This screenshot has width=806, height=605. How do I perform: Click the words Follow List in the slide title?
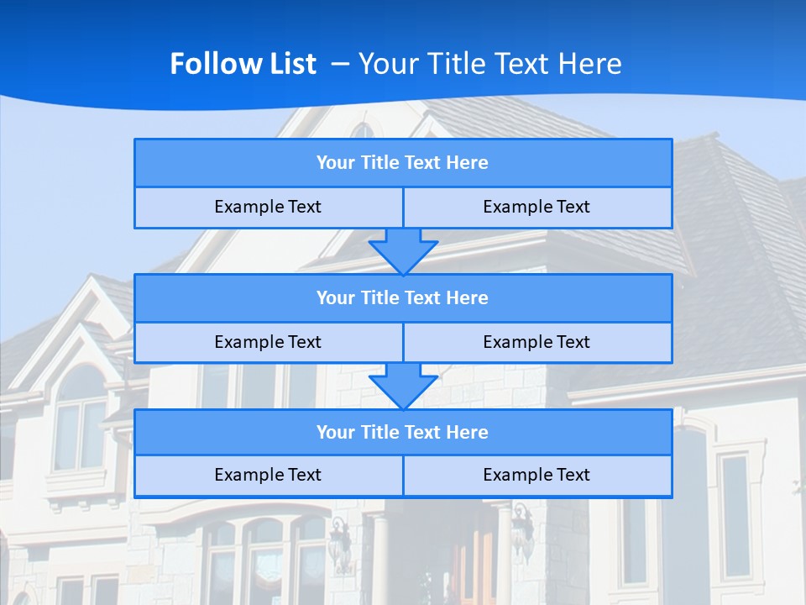click(243, 64)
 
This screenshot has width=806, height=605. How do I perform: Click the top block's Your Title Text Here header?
click(402, 163)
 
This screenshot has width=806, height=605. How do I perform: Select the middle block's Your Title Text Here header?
click(402, 298)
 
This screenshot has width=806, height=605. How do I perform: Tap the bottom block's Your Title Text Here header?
click(402, 433)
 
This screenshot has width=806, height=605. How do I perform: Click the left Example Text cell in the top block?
click(268, 208)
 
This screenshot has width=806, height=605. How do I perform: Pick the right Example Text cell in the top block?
click(536, 208)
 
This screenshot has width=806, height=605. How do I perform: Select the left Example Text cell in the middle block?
click(268, 343)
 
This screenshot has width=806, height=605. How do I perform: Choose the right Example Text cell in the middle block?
click(536, 343)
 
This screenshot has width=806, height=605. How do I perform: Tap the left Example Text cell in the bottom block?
click(268, 476)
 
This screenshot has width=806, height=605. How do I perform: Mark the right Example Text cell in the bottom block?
click(536, 476)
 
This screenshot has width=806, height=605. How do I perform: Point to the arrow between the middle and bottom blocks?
click(403, 385)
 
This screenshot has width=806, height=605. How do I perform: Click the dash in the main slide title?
click(341, 64)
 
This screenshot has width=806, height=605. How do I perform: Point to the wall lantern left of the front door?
click(340, 542)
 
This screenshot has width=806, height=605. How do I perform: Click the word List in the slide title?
click(290, 64)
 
